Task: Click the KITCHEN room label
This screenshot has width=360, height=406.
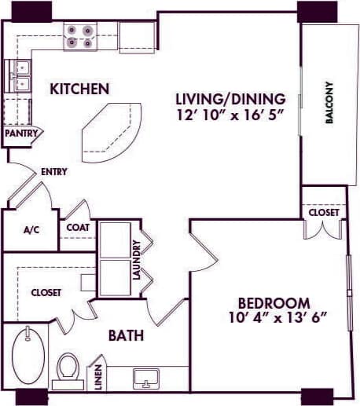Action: click(79, 89)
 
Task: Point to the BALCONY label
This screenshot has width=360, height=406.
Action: click(329, 103)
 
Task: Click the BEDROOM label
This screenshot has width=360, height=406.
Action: click(274, 303)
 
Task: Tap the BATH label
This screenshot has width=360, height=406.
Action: click(126, 336)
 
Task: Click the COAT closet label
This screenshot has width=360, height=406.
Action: click(77, 229)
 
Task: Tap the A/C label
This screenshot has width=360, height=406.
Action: click(31, 230)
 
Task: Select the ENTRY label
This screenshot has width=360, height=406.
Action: click(53, 171)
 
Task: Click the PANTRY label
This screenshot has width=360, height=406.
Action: click(20, 134)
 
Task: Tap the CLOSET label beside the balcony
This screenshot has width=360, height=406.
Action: click(323, 213)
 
